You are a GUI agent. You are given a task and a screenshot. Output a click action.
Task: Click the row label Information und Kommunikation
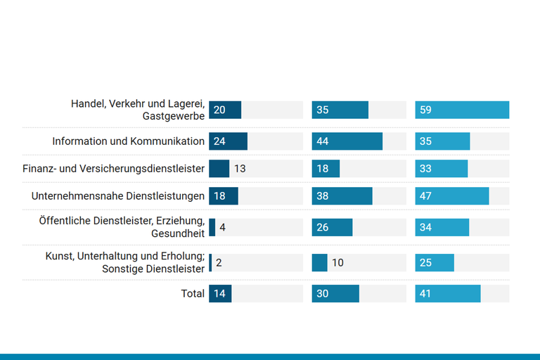128,141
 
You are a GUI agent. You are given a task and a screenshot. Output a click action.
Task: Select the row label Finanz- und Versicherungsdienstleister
114,169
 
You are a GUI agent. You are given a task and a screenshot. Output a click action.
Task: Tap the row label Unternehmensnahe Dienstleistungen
118,196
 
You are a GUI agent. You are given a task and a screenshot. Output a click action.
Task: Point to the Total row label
193,294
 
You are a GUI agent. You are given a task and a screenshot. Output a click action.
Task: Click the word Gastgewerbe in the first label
173,116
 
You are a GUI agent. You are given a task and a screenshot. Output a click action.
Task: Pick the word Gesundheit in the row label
178,233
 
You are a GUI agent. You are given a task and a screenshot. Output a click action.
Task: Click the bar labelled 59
462,110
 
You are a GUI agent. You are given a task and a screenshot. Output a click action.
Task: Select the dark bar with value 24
228,141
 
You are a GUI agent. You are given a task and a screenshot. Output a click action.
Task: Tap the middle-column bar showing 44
347,141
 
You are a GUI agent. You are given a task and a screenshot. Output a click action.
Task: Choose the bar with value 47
451,196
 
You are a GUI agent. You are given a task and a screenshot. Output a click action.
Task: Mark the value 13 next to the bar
240,169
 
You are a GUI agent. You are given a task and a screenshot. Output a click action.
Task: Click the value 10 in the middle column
337,263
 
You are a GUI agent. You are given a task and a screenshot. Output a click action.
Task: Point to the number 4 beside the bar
222,228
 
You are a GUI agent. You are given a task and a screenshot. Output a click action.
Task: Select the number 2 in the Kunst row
219,263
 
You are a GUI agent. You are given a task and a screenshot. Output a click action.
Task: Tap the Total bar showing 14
220,294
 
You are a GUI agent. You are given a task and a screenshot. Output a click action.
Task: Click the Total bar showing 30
335,294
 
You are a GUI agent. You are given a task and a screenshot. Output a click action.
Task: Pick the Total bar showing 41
448,294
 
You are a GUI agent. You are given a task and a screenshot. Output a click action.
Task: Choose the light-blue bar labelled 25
435,263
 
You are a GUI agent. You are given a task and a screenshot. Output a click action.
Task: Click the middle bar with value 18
326,169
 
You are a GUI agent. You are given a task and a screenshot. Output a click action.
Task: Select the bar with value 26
332,228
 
